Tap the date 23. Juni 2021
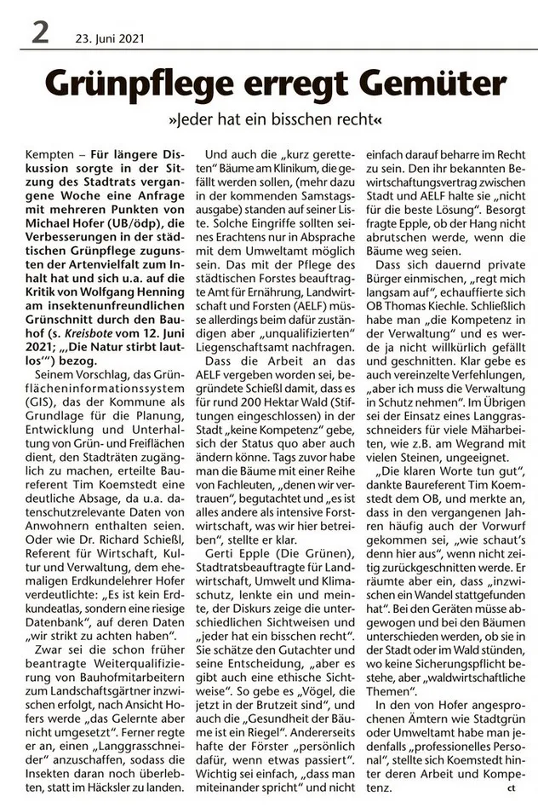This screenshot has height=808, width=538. click(x=109, y=38)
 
